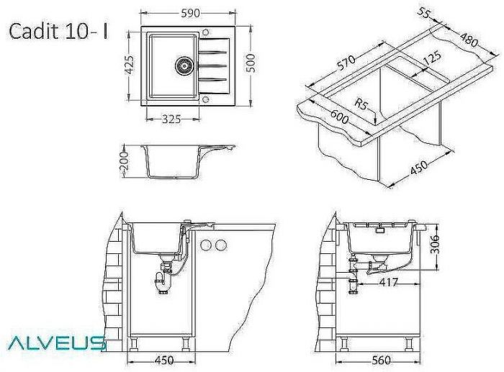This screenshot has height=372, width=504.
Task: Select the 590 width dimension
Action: pos(191,13)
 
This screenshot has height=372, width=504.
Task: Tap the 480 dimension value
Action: pos(469,40)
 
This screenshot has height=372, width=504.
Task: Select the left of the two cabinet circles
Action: pos(206,245)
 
